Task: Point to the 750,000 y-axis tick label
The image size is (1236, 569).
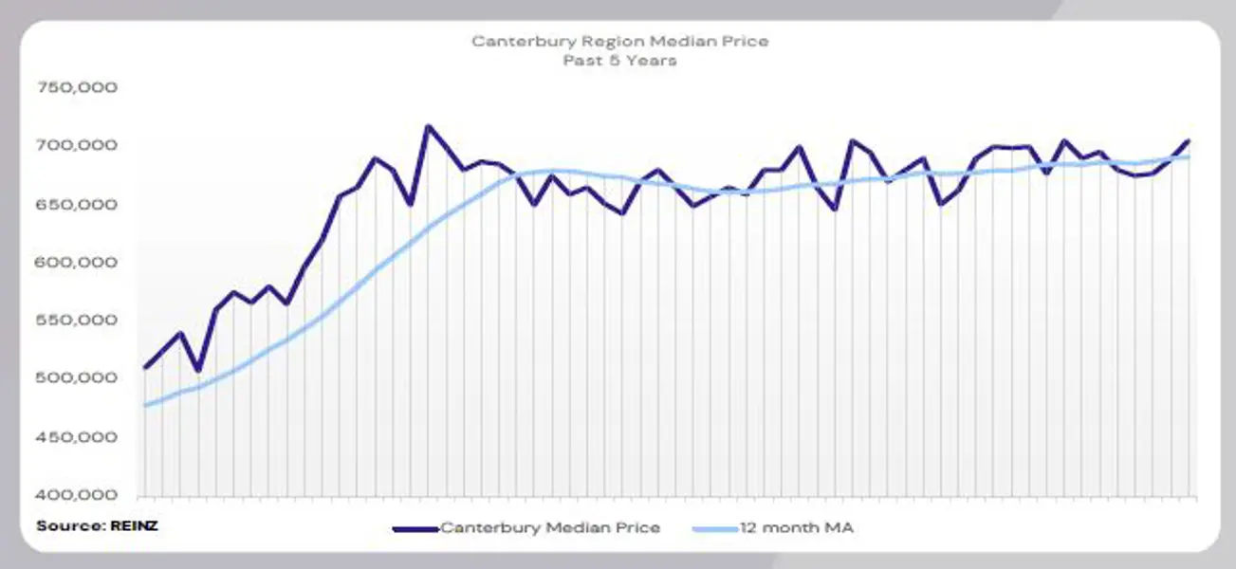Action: click(77, 87)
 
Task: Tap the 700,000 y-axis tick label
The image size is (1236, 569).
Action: click(77, 145)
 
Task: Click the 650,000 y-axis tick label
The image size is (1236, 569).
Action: click(77, 204)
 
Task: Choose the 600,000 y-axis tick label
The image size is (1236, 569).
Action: click(77, 262)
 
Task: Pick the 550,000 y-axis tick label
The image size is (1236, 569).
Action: click(77, 321)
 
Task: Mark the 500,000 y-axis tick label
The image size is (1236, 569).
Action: click(77, 378)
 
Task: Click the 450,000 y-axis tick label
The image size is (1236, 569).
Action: click(77, 437)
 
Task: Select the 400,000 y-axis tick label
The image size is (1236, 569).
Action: click(77, 495)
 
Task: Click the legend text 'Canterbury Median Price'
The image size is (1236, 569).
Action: click(550, 527)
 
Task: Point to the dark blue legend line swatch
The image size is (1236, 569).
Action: click(415, 527)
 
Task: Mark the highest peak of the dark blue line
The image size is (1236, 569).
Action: click(428, 126)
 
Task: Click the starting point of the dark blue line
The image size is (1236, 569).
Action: click(144, 367)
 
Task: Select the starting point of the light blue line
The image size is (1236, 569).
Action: click(144, 406)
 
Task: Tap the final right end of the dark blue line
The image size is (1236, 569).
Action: click(1189, 141)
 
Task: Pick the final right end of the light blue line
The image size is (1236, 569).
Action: click(1189, 157)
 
